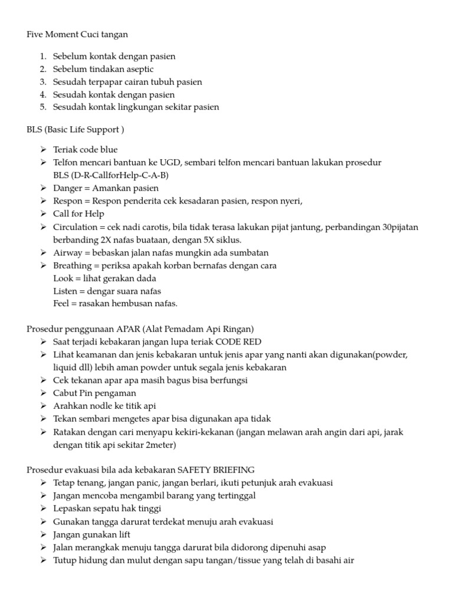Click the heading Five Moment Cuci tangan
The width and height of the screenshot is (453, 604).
pos(77,35)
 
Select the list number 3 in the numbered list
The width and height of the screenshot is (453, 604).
pos(42,82)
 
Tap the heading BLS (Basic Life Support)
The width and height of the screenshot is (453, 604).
pos(75,129)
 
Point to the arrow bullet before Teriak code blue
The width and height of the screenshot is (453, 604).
pos(44,150)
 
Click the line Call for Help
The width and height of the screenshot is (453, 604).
pos(78,214)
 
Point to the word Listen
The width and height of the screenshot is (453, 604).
pos(65,291)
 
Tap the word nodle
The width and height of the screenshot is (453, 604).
pos(104,406)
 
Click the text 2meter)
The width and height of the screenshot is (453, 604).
pos(159,445)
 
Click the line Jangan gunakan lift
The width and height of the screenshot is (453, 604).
pos(91,534)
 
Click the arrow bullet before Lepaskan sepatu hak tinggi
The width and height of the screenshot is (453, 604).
pos(44,509)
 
